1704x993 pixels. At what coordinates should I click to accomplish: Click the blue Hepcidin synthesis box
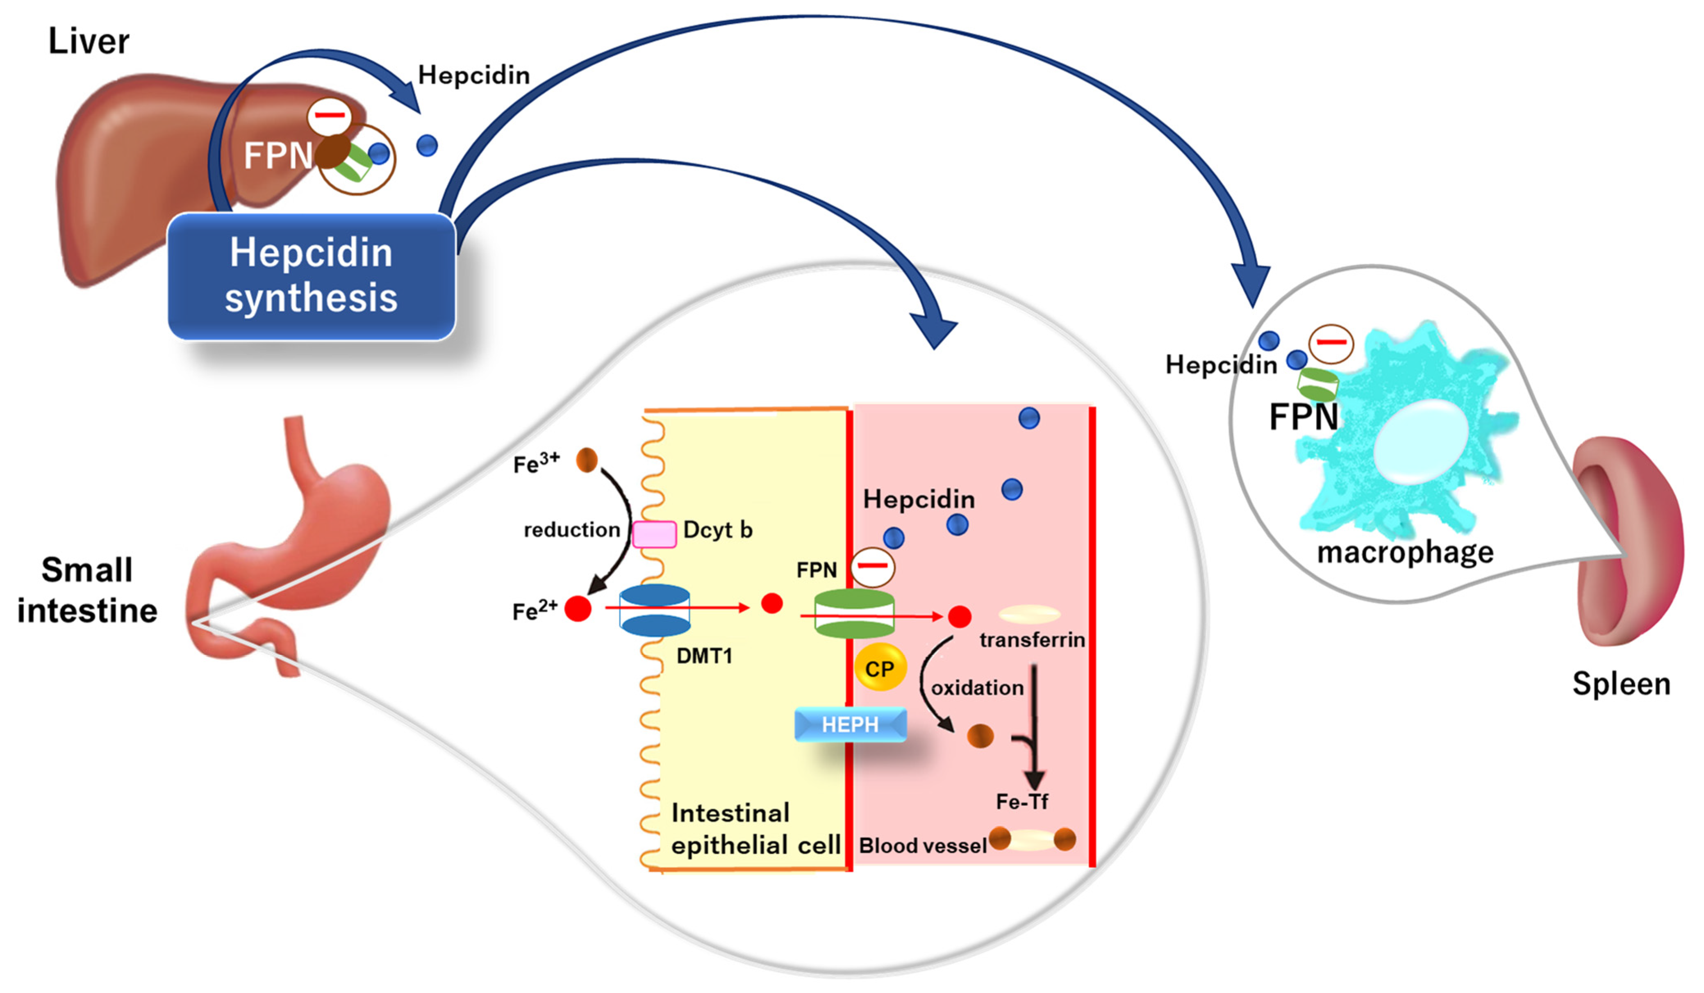[x=311, y=276]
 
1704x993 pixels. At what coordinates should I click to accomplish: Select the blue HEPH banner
[x=850, y=724]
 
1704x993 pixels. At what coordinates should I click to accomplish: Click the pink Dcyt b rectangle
[x=654, y=534]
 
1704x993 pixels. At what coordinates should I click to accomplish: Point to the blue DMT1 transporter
[x=655, y=610]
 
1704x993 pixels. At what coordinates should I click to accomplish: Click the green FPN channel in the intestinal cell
[x=854, y=613]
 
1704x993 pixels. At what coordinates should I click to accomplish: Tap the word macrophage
[x=1405, y=552]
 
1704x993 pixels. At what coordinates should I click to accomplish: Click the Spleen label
[x=1621, y=684]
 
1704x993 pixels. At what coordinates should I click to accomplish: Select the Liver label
[x=89, y=41]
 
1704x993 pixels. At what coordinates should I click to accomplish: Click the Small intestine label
[x=87, y=590]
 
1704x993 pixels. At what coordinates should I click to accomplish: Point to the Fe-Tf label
[x=1022, y=802]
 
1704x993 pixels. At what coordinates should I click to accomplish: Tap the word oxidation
[x=977, y=688]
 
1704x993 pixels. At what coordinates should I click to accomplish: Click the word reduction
[x=571, y=530]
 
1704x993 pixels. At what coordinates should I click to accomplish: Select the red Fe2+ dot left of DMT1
[x=578, y=608]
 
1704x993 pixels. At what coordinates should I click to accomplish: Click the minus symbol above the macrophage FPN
[x=1331, y=343]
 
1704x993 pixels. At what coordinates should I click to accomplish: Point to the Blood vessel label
[x=922, y=845]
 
